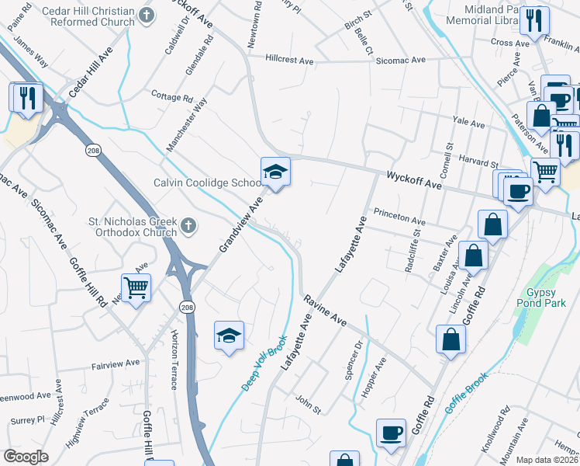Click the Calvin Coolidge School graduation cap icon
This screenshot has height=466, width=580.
[275, 172]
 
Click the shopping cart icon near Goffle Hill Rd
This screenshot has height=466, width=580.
[136, 289]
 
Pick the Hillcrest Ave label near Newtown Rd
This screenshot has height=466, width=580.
[288, 59]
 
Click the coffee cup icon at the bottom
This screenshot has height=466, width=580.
[391, 433]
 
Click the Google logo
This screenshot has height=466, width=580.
[26, 456]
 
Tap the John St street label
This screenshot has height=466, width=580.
[307, 401]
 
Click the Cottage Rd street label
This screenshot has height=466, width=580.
[172, 99]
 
